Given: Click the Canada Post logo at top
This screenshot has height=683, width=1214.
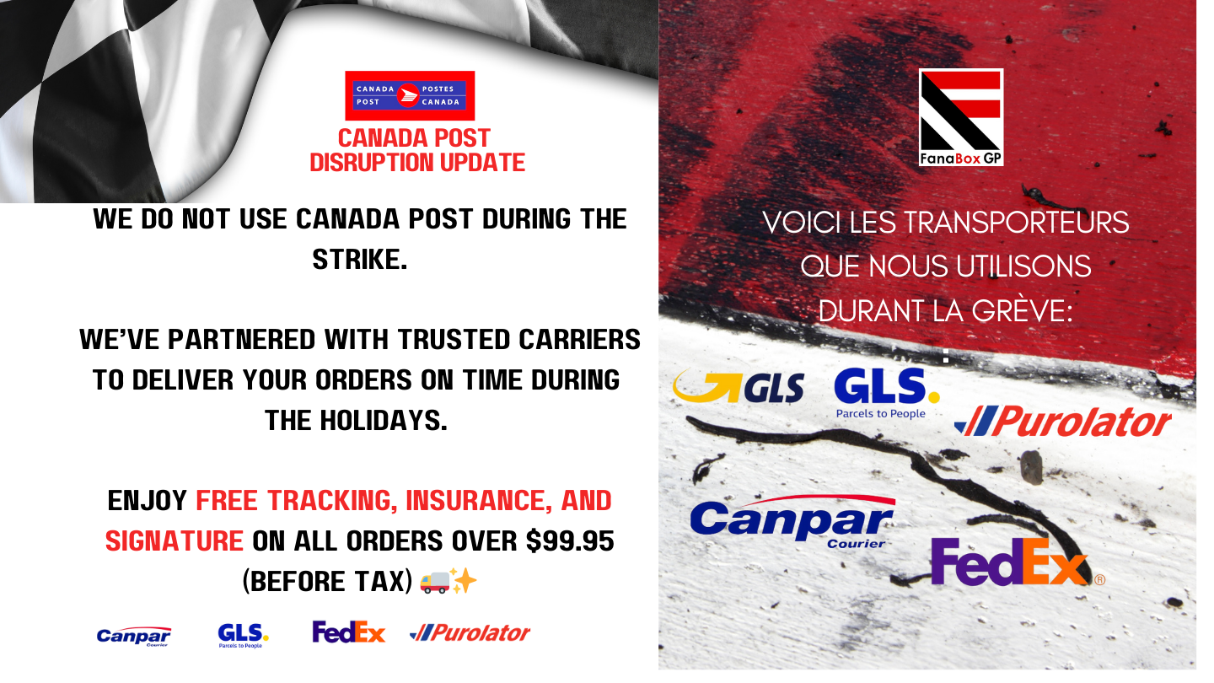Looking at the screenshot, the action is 410,95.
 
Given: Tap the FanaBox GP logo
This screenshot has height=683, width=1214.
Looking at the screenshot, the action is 961,117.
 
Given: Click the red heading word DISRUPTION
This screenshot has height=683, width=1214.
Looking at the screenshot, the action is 372,163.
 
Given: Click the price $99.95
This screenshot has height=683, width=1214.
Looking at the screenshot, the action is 570,541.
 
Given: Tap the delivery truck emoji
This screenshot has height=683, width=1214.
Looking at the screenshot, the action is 435,582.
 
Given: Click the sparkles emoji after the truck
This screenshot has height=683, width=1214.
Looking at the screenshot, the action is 464,581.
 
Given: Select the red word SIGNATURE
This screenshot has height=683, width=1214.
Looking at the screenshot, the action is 174,541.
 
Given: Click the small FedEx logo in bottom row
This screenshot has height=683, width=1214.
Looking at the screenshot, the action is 348,632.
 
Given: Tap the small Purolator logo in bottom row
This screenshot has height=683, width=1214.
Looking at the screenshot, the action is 470,632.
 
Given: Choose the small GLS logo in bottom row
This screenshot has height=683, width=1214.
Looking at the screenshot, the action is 243,635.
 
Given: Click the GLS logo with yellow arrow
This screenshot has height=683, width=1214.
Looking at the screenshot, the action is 739,387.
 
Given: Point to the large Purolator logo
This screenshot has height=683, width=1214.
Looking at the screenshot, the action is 1063,422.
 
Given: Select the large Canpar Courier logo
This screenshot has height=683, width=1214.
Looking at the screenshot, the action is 792,521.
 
